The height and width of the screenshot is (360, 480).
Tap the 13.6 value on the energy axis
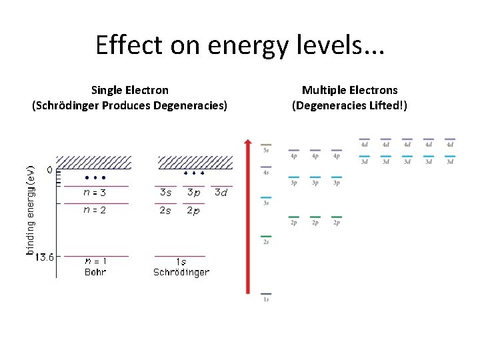pos(45,257)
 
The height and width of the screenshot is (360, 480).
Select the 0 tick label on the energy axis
pos(49,170)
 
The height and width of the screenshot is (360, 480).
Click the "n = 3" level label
pos(95,193)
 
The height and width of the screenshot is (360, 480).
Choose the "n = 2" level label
pos(95,210)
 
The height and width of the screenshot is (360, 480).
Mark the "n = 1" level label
pos(95,261)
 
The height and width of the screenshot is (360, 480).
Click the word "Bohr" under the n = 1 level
pos(95,271)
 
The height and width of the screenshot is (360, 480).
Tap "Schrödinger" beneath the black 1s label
pos(181,272)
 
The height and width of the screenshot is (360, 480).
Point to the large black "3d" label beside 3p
pos(221,193)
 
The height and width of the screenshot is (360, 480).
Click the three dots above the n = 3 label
pos(95,179)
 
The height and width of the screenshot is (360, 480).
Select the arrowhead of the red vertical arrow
pos(248,142)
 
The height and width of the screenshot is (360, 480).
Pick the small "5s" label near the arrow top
pos(266,151)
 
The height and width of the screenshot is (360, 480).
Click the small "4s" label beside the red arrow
pos(266,173)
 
